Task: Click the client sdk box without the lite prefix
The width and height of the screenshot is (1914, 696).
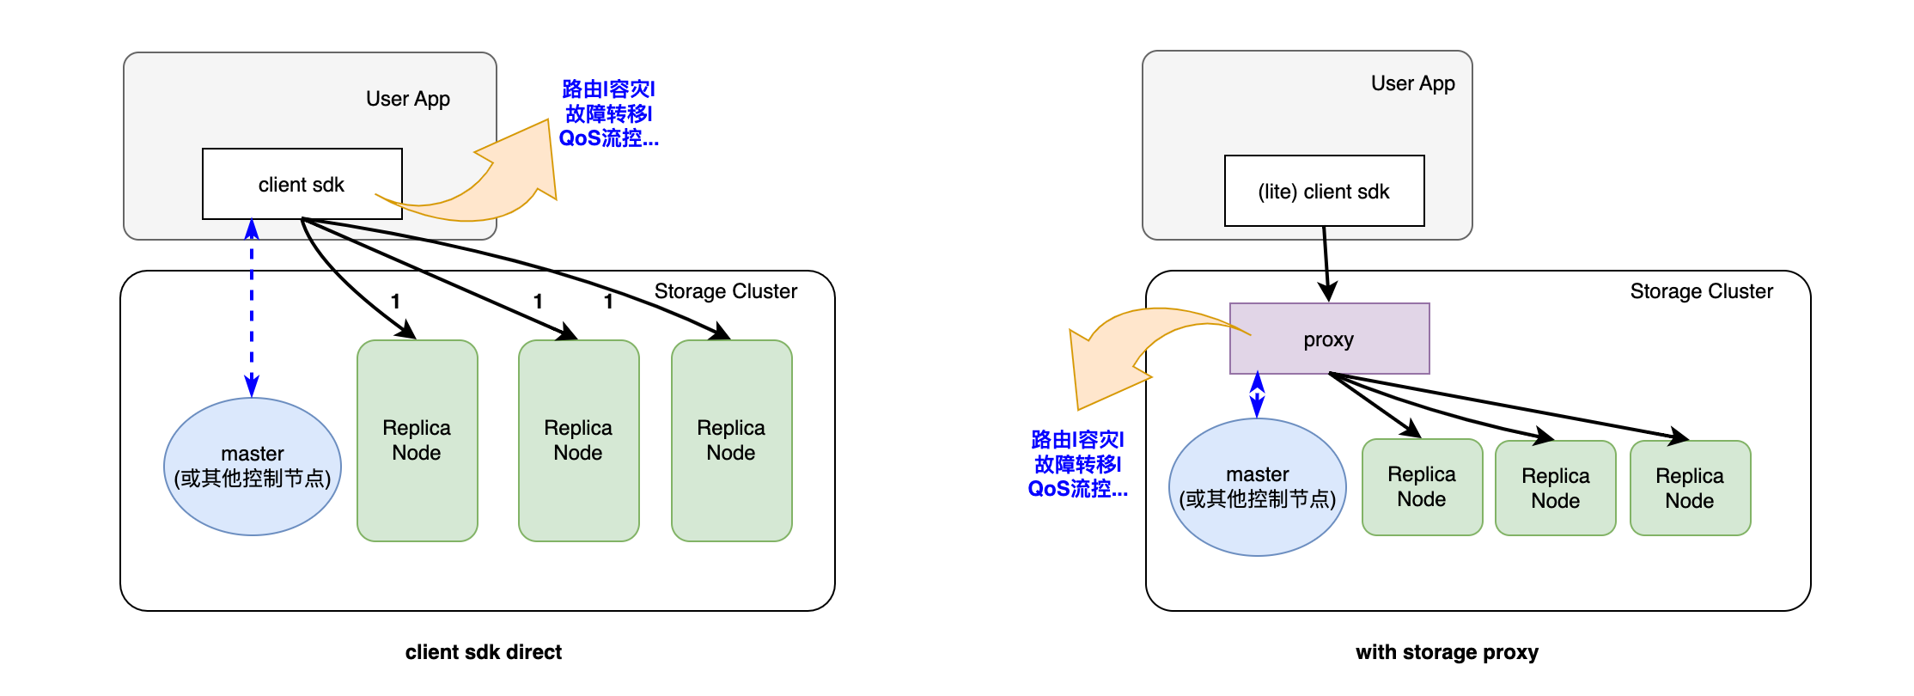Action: [302, 184]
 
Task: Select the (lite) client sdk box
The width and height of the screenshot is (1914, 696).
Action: [1323, 191]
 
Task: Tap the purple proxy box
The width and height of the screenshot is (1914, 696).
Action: [1328, 339]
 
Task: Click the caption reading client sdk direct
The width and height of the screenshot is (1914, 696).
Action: [483, 652]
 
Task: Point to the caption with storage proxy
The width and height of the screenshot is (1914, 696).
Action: [1447, 652]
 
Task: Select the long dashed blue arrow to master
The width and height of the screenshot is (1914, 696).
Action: [252, 309]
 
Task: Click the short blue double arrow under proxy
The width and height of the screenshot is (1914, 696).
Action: [1257, 394]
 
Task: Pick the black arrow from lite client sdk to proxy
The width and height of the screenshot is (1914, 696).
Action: [1326, 263]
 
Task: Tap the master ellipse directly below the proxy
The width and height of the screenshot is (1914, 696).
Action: [1257, 487]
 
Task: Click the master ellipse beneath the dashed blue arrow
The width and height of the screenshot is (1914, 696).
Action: [253, 467]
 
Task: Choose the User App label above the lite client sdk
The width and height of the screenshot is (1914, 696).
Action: [1412, 83]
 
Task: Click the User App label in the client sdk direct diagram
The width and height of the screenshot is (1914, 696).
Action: [407, 99]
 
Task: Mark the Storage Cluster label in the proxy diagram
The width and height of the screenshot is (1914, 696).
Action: [1701, 291]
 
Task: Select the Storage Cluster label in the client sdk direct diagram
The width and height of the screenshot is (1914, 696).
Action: [725, 291]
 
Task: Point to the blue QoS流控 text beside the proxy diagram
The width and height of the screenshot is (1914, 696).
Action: [1077, 489]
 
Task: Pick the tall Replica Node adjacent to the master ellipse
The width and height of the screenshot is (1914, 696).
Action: [417, 440]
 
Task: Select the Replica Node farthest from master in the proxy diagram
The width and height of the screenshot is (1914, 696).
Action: [1689, 488]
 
